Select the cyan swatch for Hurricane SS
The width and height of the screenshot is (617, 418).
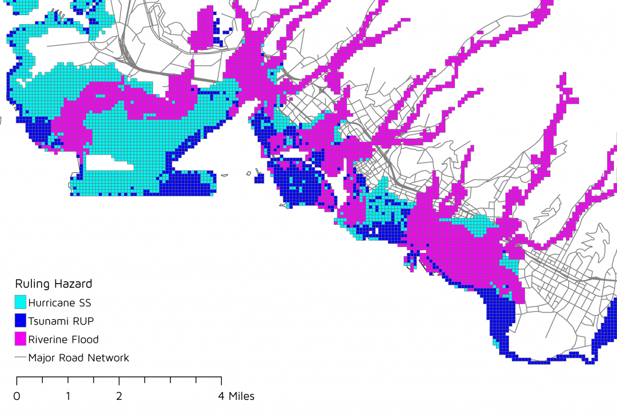pos(20,302)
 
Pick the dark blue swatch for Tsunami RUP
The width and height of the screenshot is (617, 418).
pos(20,320)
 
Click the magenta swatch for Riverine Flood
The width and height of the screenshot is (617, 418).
pos(20,339)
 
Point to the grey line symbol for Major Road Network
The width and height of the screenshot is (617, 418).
pos(20,358)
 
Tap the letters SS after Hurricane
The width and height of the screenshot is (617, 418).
pos(87,302)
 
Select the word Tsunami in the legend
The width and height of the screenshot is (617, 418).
pos(50,320)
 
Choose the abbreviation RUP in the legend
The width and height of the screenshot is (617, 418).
pos(84,320)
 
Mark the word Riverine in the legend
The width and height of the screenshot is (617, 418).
pos(49,339)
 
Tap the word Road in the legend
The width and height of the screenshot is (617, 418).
pos(72,358)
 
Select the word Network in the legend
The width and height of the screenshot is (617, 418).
pos(108,358)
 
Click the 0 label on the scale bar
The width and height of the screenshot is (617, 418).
pos(16,396)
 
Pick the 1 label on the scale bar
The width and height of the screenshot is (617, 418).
pos(67,396)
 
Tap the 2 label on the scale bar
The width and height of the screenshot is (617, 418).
pos(119,396)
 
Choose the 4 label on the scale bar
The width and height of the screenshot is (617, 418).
pos(221,396)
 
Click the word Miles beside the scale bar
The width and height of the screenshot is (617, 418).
pos(241,396)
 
